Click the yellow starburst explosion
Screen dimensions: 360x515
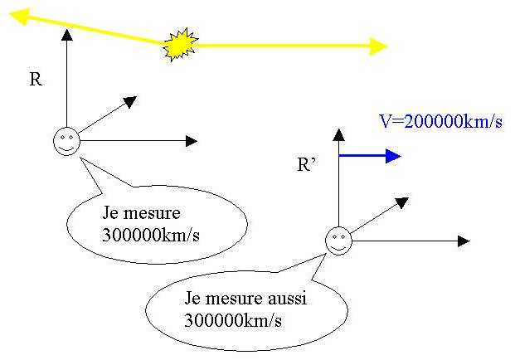178,46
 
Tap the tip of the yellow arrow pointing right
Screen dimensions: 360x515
386,46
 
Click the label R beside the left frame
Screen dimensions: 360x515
35,80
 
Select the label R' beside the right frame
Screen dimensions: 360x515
308,163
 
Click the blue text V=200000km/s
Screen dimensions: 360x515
440,122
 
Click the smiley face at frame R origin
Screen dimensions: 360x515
66,141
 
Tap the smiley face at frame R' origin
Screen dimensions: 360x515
338,241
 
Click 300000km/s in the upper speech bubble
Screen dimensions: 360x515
151,233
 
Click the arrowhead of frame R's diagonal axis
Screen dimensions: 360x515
130,102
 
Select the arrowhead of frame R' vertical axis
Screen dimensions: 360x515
338,133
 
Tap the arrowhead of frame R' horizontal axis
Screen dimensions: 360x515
464,241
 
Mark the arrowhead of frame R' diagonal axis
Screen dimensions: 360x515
402,202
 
